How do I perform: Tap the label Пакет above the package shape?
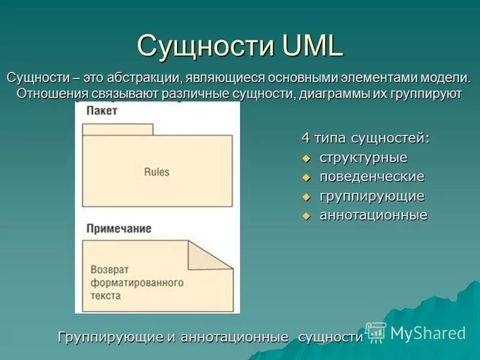pyautogui.click(x=101, y=111)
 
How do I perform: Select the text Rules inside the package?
pyautogui.click(x=157, y=172)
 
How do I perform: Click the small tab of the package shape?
pyautogui.click(x=118, y=129)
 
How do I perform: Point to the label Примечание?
pyautogui.click(x=118, y=229)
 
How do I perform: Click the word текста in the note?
pyautogui.click(x=106, y=295)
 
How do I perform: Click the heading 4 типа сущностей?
pyautogui.click(x=365, y=138)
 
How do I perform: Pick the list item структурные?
pyautogui.click(x=363, y=158)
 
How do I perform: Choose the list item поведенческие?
pyautogui.click(x=371, y=177)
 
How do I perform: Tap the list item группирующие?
pyautogui.click(x=371, y=196)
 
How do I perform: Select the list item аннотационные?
pyautogui.click(x=373, y=215)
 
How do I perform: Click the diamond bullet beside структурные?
pyautogui.click(x=306, y=158)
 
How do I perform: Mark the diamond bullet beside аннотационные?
pyautogui.click(x=306, y=216)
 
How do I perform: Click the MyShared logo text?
pyautogui.click(x=428, y=333)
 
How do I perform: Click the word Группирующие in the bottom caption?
pyautogui.click(x=110, y=337)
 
